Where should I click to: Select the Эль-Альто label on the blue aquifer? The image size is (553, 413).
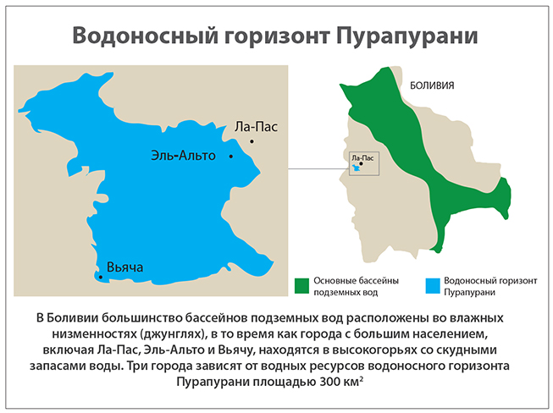pyautogui.click(x=184, y=156)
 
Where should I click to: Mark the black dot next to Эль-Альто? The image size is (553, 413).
pyautogui.click(x=229, y=157)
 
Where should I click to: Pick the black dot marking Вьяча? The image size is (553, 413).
pyautogui.click(x=101, y=277)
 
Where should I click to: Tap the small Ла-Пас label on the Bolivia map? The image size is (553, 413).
pyautogui.click(x=362, y=157)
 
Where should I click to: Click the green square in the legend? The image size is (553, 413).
pyautogui.click(x=300, y=284)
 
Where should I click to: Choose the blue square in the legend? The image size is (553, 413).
pyautogui.click(x=432, y=284)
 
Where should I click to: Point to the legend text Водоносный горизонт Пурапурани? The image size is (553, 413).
pyautogui.click(x=481, y=286)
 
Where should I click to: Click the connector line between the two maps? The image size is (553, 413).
pyautogui.click(x=317, y=168)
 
